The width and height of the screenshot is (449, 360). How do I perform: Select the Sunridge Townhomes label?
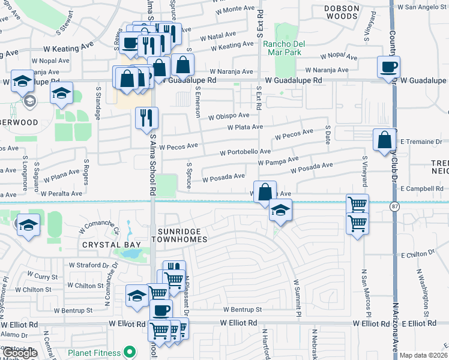(182, 235)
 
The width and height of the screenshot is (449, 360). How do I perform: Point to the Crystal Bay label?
(112, 245)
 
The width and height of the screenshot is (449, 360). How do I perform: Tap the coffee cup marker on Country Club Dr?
(388, 67)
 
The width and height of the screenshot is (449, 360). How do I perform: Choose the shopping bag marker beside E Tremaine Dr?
(384, 140)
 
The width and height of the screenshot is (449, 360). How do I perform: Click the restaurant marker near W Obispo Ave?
(146, 118)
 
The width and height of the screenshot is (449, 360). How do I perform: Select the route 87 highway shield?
(393, 206)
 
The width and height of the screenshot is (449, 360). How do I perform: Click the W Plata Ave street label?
(245, 127)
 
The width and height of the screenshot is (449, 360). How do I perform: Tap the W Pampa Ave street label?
(278, 161)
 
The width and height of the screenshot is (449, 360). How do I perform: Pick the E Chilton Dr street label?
(418, 254)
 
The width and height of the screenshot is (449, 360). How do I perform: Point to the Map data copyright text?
(423, 355)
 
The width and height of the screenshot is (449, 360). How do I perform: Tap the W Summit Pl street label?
(296, 298)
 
